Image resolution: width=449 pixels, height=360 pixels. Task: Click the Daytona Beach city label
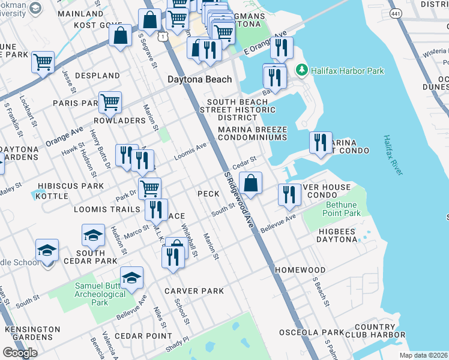(199, 79)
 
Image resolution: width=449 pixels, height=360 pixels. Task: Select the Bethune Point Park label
(341, 209)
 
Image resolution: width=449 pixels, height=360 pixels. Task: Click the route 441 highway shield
(395, 13)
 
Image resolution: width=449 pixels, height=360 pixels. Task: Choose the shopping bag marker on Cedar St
(251, 182)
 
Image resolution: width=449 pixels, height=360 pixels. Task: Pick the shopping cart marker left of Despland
(43, 61)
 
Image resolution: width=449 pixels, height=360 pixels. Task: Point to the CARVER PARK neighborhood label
(194, 291)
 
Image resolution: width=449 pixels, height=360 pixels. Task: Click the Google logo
(20, 353)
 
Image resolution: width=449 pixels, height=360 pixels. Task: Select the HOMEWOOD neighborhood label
(300, 271)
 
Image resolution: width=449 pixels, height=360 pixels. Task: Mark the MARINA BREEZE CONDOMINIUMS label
(252, 133)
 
